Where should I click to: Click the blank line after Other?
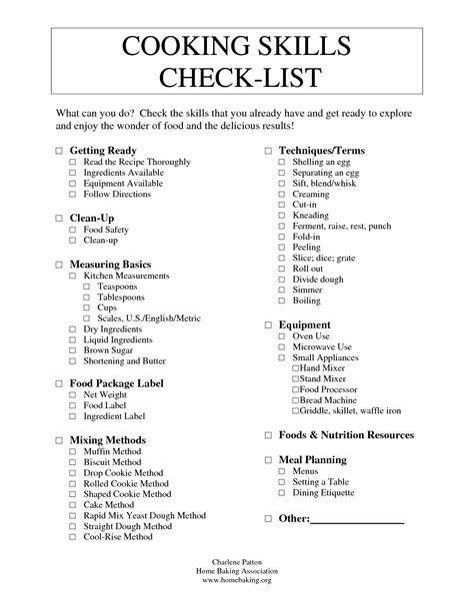tap(358, 519)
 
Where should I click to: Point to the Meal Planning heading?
tap(312, 459)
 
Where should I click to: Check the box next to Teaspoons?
tap(87, 287)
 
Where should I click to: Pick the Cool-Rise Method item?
tap(118, 536)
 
